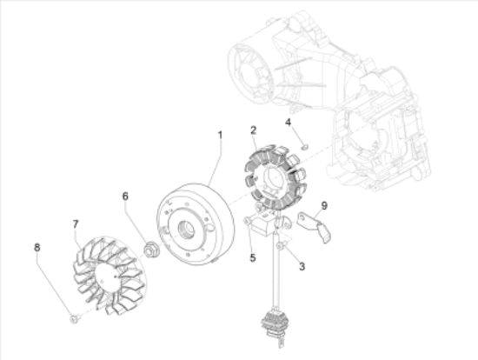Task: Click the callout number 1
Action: click(220, 135)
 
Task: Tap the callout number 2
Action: click(253, 130)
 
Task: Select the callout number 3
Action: click(302, 266)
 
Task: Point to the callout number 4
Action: click(288, 123)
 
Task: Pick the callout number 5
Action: click(253, 257)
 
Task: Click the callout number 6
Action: click(125, 197)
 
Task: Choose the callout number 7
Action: click(76, 224)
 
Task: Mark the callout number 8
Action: click(37, 247)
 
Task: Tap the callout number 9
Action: click(324, 205)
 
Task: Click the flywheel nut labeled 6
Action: click(149, 249)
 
